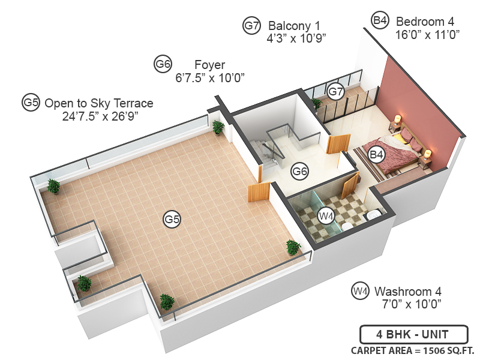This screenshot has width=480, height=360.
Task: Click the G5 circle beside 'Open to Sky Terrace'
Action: (31, 103)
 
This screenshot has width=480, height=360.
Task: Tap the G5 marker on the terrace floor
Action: (172, 220)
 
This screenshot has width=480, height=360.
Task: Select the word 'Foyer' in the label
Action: (209, 64)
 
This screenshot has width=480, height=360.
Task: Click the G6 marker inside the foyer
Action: (299, 172)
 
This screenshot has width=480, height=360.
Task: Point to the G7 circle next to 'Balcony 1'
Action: (251, 26)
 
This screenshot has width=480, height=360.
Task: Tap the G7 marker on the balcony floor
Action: (336, 92)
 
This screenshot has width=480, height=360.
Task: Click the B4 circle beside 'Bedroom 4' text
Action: (380, 20)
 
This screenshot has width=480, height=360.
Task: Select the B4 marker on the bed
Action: (376, 155)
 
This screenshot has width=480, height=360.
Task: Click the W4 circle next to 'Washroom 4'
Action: (359, 292)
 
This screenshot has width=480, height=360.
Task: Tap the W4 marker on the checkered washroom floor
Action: (326, 215)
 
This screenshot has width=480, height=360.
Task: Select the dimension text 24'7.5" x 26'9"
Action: (100, 116)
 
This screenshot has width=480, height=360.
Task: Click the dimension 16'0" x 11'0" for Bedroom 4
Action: (427, 34)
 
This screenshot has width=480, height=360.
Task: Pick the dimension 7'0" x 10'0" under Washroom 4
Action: (412, 304)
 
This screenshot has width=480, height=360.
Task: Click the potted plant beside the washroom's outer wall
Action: (293, 247)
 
